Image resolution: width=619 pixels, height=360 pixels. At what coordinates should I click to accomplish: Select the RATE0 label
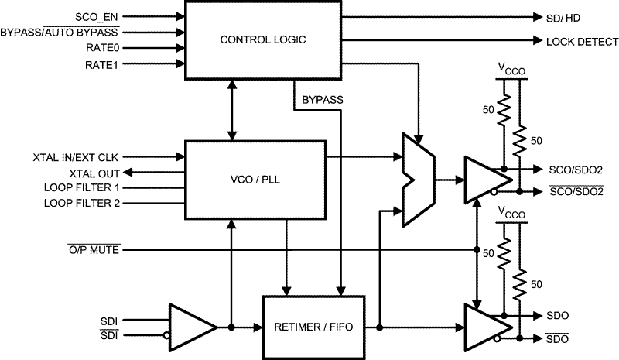click(x=103, y=48)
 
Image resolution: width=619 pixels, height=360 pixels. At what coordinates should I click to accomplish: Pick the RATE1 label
click(x=103, y=64)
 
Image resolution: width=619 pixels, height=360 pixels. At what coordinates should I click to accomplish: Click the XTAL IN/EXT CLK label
click(x=76, y=156)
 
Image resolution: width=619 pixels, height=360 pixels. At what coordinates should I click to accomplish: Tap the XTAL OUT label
click(x=95, y=172)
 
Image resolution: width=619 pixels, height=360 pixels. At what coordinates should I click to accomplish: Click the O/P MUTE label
click(x=93, y=249)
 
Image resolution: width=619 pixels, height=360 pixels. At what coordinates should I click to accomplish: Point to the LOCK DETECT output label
click(x=582, y=42)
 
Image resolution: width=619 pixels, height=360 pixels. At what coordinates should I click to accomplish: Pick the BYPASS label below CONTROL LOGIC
click(x=322, y=100)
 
